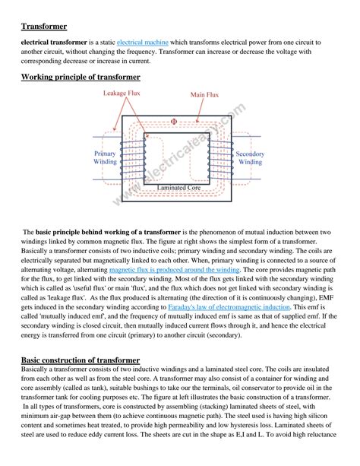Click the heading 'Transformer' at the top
(x=46, y=27)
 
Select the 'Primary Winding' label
(x=105, y=157)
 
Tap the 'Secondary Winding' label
(x=250, y=157)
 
